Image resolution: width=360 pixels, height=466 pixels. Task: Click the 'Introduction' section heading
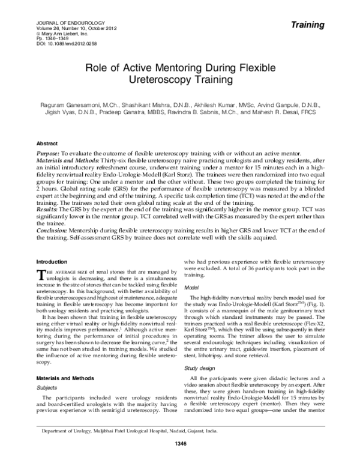tap(52, 261)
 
